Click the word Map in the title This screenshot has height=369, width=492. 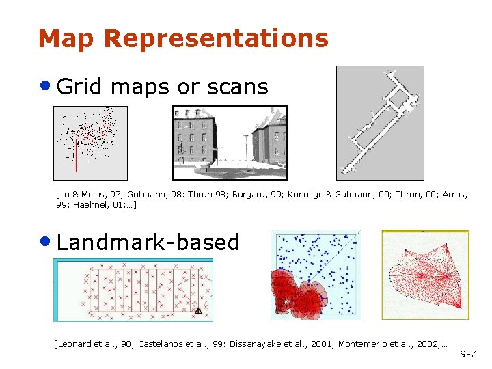click(68, 38)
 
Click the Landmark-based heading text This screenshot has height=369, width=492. click(148, 242)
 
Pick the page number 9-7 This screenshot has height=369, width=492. click(468, 354)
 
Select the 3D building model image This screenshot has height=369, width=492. click(229, 142)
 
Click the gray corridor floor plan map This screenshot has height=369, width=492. click(380, 123)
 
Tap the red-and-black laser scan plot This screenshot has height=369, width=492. click(90, 143)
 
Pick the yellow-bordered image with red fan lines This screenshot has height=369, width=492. click(425, 275)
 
